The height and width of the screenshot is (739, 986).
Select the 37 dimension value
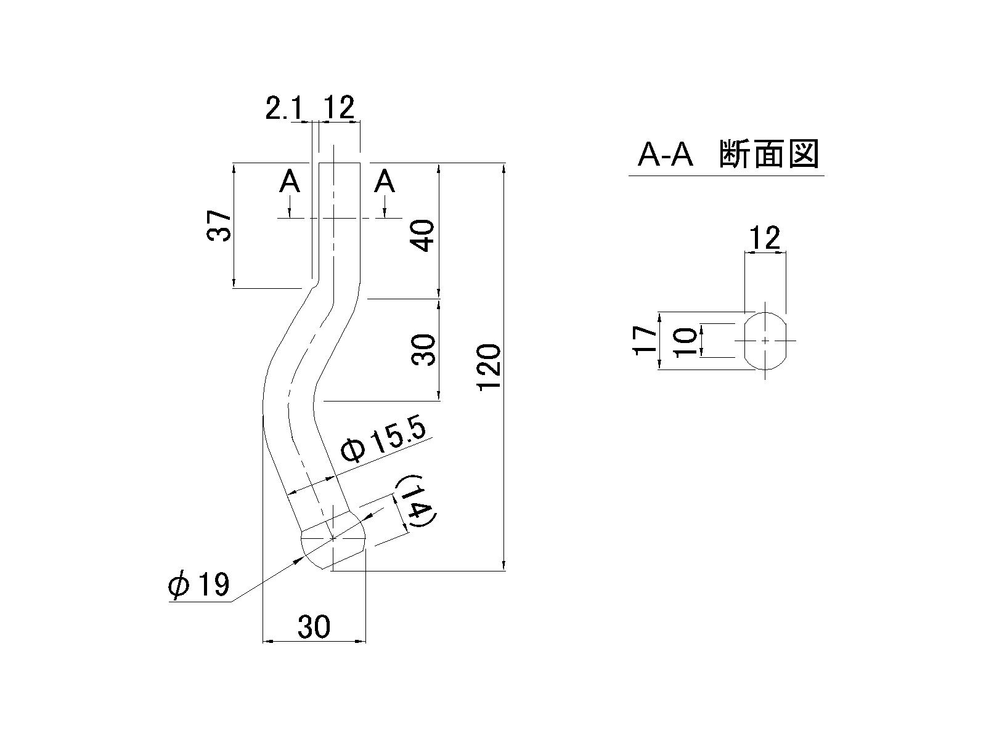[x=219, y=225]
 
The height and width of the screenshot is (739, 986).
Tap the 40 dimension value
[x=423, y=236]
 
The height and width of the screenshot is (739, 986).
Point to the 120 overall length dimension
[x=489, y=367]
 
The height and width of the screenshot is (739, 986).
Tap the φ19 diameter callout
[x=199, y=584]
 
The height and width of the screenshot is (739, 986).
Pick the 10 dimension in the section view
[x=685, y=341]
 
